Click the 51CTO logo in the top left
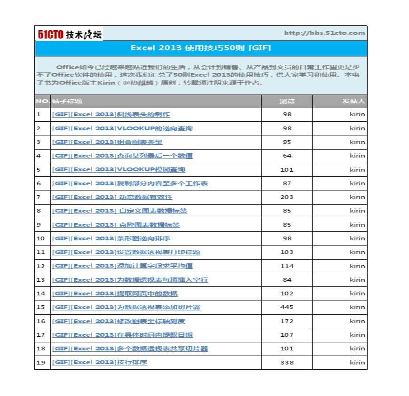(70, 34)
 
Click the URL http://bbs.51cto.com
(324, 33)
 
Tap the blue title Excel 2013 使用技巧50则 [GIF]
(200, 48)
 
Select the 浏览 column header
(287, 101)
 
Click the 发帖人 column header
(354, 101)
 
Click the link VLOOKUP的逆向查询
(122, 128)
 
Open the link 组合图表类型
(107, 142)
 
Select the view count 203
(287, 197)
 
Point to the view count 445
(287, 307)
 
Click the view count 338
(287, 363)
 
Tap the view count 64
(287, 156)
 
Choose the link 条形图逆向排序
(111, 238)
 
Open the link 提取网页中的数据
(115, 293)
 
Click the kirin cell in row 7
(357, 197)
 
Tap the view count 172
(287, 321)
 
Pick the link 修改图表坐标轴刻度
(118, 321)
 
